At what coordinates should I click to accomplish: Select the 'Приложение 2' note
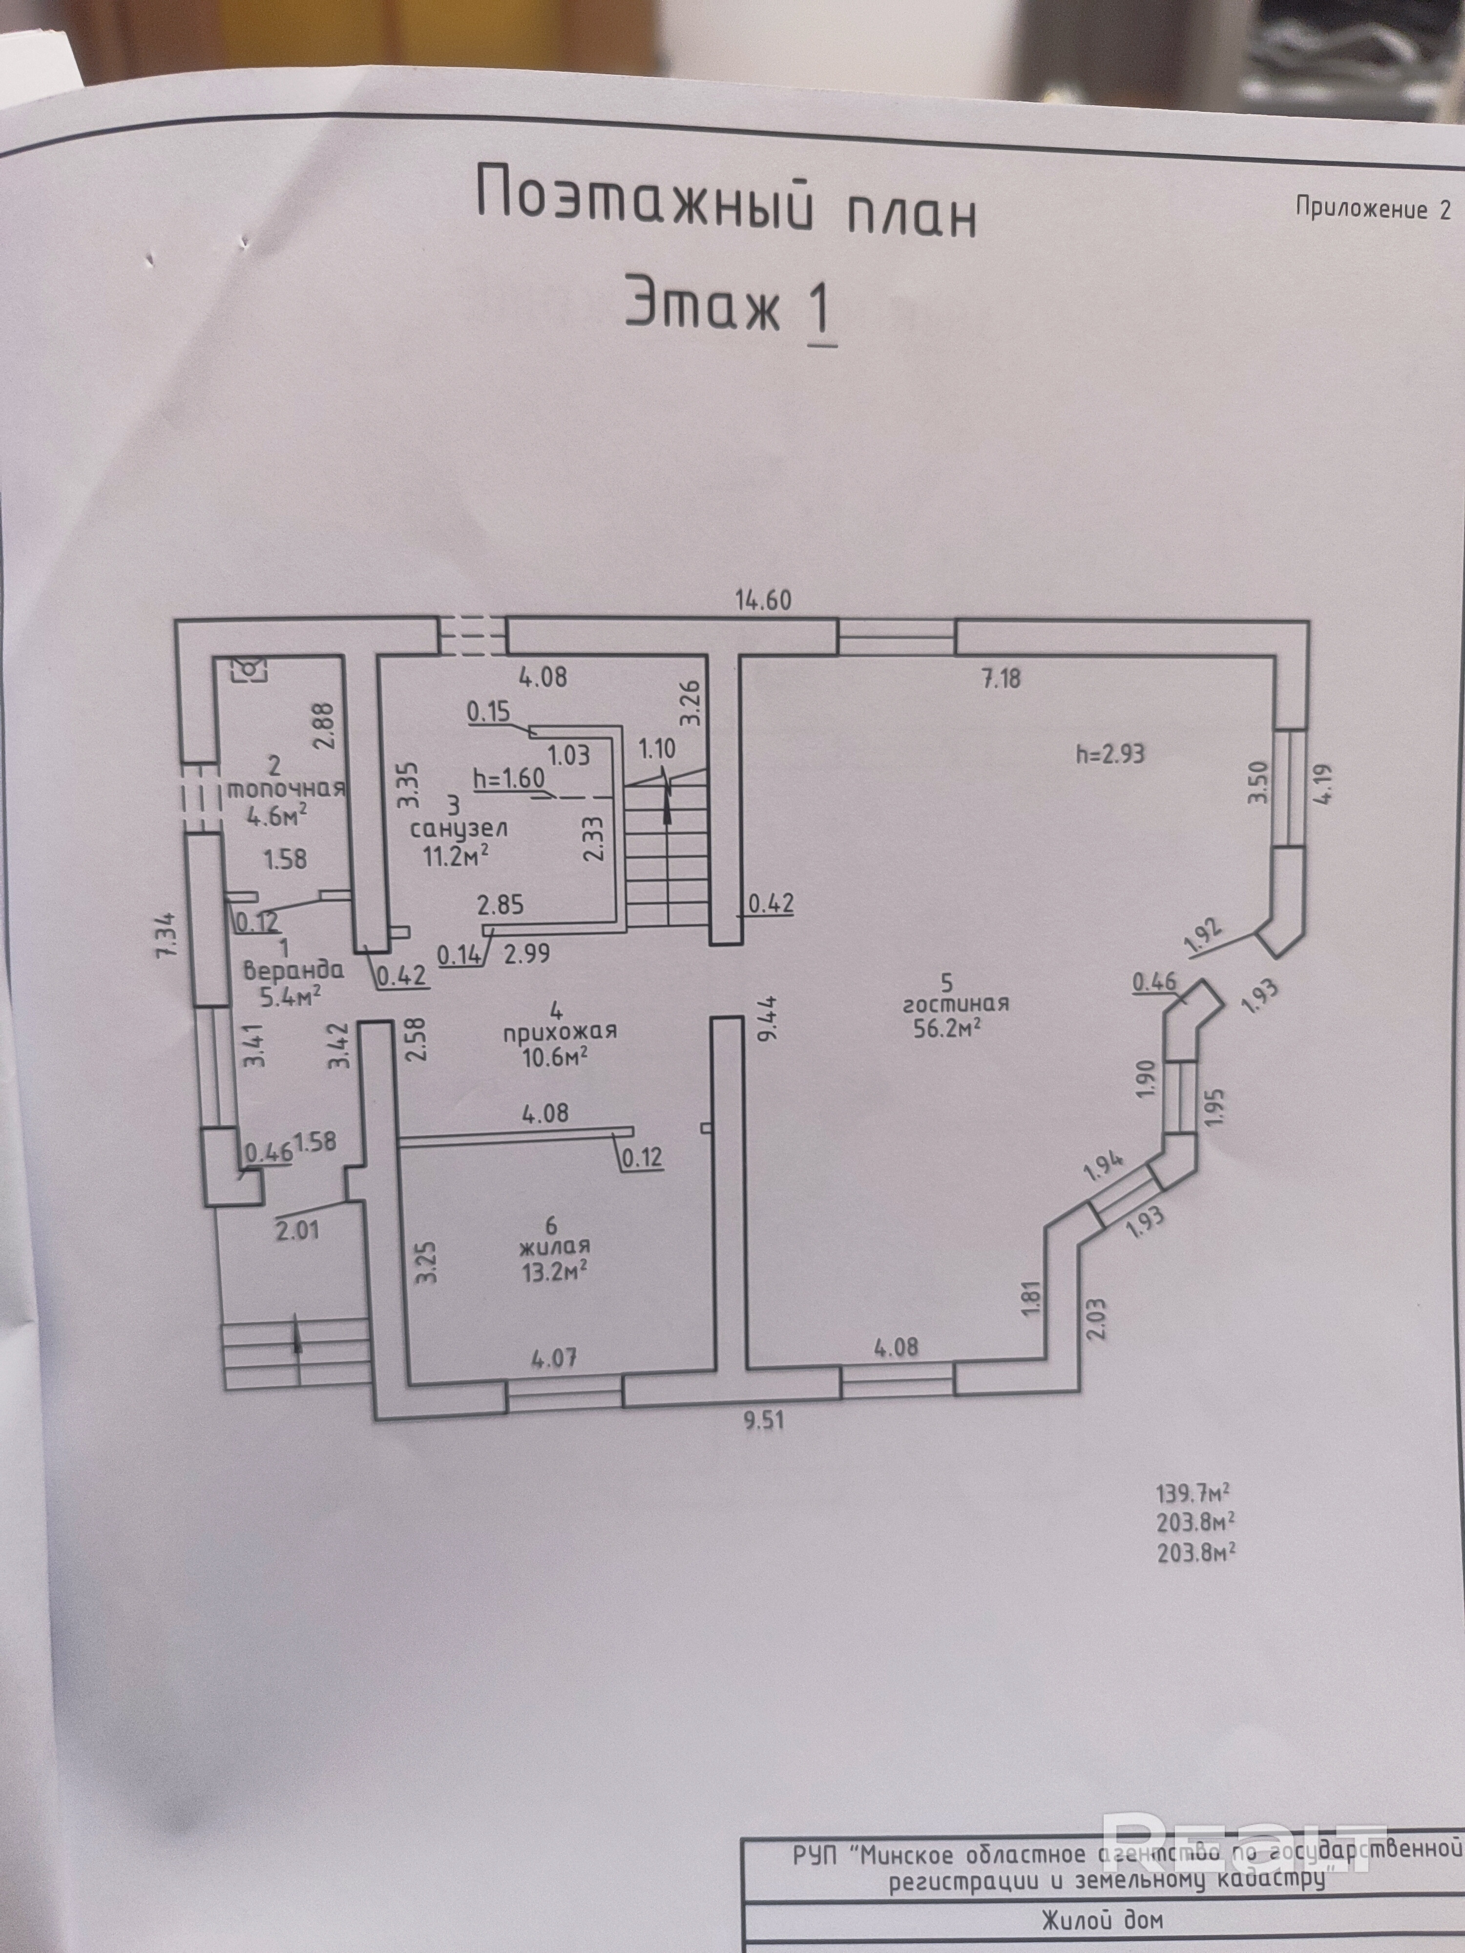[x=1372, y=209]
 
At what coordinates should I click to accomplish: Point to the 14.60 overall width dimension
[x=764, y=601]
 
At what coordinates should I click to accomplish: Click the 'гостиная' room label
[x=956, y=1004]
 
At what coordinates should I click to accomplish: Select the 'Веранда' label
[x=293, y=970]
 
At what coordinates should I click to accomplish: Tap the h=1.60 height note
[x=509, y=779]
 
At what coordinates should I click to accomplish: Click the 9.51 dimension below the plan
[x=764, y=1421]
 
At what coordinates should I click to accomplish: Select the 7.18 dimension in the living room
[x=1001, y=678]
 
